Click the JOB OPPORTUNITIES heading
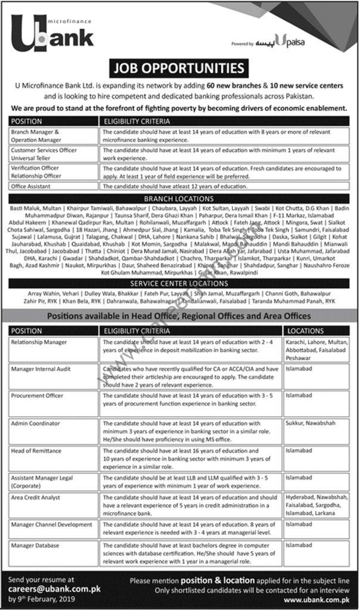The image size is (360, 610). pyautogui.click(x=180, y=67)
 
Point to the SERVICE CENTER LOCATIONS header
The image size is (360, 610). pyautogui.click(x=180, y=284)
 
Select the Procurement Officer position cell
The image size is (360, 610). pyautogui.click(x=37, y=396)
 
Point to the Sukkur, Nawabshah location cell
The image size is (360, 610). pyautogui.click(x=312, y=422)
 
